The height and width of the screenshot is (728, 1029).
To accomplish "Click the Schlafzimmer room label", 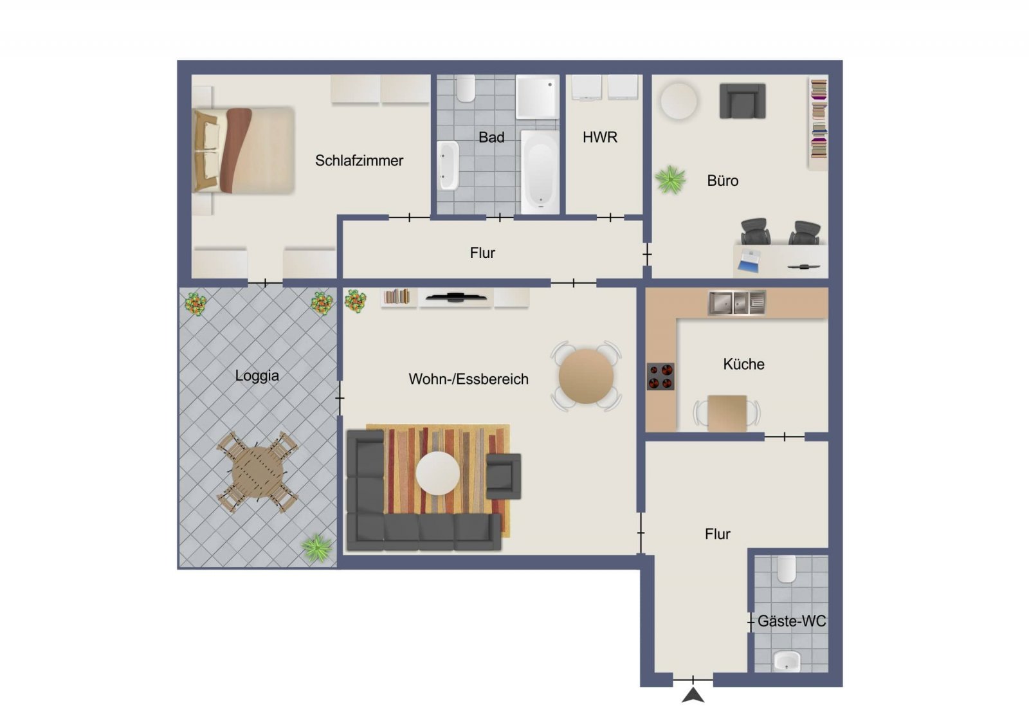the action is click(359, 161).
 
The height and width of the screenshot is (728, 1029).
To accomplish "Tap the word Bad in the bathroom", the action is click(491, 138).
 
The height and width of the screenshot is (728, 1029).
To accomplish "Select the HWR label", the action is click(600, 138).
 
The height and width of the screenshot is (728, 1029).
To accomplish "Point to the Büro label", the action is click(723, 181).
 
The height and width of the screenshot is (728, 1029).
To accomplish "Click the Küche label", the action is click(743, 364).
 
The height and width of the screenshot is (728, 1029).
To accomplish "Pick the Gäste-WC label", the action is click(792, 621).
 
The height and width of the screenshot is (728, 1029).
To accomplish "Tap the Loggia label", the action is click(257, 376).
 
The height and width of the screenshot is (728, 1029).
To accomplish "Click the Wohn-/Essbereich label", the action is click(469, 379).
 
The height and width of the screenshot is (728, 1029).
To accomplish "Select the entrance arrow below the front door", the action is click(693, 695).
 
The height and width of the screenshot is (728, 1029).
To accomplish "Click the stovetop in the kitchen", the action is click(660, 377).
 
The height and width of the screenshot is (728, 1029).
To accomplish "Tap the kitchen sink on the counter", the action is click(737, 303).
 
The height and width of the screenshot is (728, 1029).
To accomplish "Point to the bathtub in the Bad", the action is click(540, 172).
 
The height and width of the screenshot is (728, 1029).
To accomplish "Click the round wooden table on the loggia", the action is click(257, 471).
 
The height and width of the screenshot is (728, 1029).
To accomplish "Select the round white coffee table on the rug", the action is click(438, 473).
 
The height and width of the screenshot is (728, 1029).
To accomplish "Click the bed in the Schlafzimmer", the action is click(244, 150).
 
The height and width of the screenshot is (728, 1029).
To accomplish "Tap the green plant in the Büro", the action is click(670, 179).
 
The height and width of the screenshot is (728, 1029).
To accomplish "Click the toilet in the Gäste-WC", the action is click(787, 569).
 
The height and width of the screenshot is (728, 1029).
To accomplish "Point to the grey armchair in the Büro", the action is click(742, 100).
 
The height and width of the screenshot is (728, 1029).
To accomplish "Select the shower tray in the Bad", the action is click(538, 97).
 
